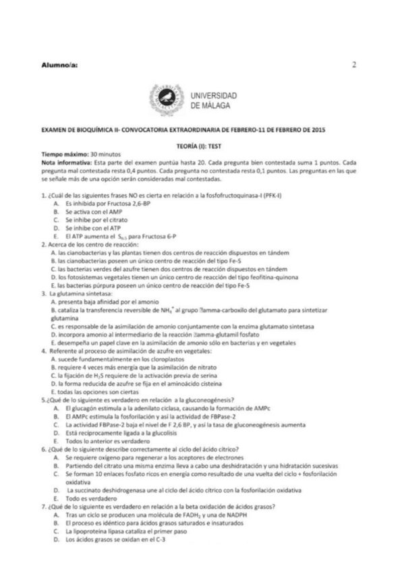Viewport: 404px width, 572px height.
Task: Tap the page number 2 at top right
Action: [x=354, y=65]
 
